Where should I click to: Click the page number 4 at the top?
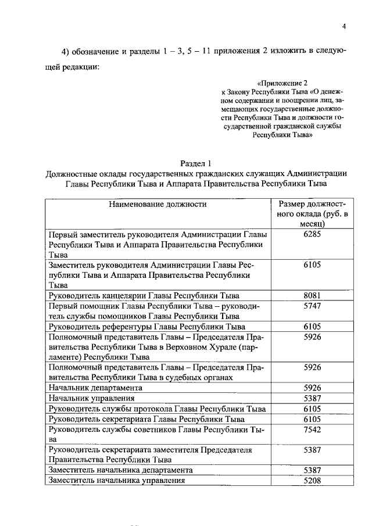[344, 27]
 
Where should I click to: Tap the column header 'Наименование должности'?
[157, 204]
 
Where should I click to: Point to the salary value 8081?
[312, 295]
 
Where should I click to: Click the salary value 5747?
[312, 305]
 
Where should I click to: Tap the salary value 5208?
[312, 481]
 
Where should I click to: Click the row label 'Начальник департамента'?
[95, 388]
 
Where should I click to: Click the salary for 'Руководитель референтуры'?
[312, 326]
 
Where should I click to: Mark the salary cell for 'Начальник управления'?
[312, 398]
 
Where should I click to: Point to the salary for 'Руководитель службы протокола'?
[312, 409]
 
